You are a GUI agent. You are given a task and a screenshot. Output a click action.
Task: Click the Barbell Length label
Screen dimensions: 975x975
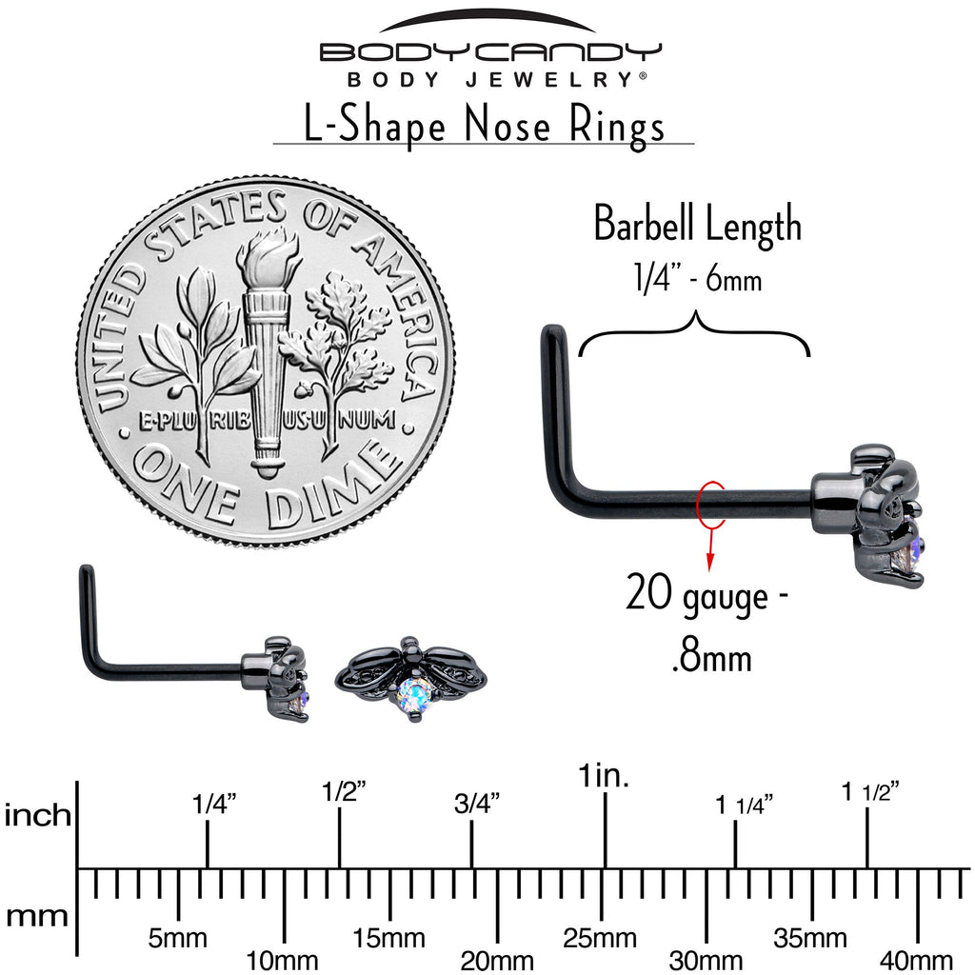click(697, 226)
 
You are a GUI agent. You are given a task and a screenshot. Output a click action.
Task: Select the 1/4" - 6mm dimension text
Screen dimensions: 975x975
click(697, 280)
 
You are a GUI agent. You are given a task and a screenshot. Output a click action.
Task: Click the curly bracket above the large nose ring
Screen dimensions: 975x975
click(694, 338)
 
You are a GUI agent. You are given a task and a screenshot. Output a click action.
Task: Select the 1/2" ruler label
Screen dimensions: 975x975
click(343, 791)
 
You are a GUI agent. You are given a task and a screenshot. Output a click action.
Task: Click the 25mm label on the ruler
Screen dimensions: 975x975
click(600, 939)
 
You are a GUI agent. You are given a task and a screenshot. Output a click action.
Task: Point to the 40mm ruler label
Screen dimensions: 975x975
click(918, 960)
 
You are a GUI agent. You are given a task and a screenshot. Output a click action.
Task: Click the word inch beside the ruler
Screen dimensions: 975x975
click(38, 815)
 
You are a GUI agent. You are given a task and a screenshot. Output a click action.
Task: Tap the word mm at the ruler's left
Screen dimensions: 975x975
click(38, 917)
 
